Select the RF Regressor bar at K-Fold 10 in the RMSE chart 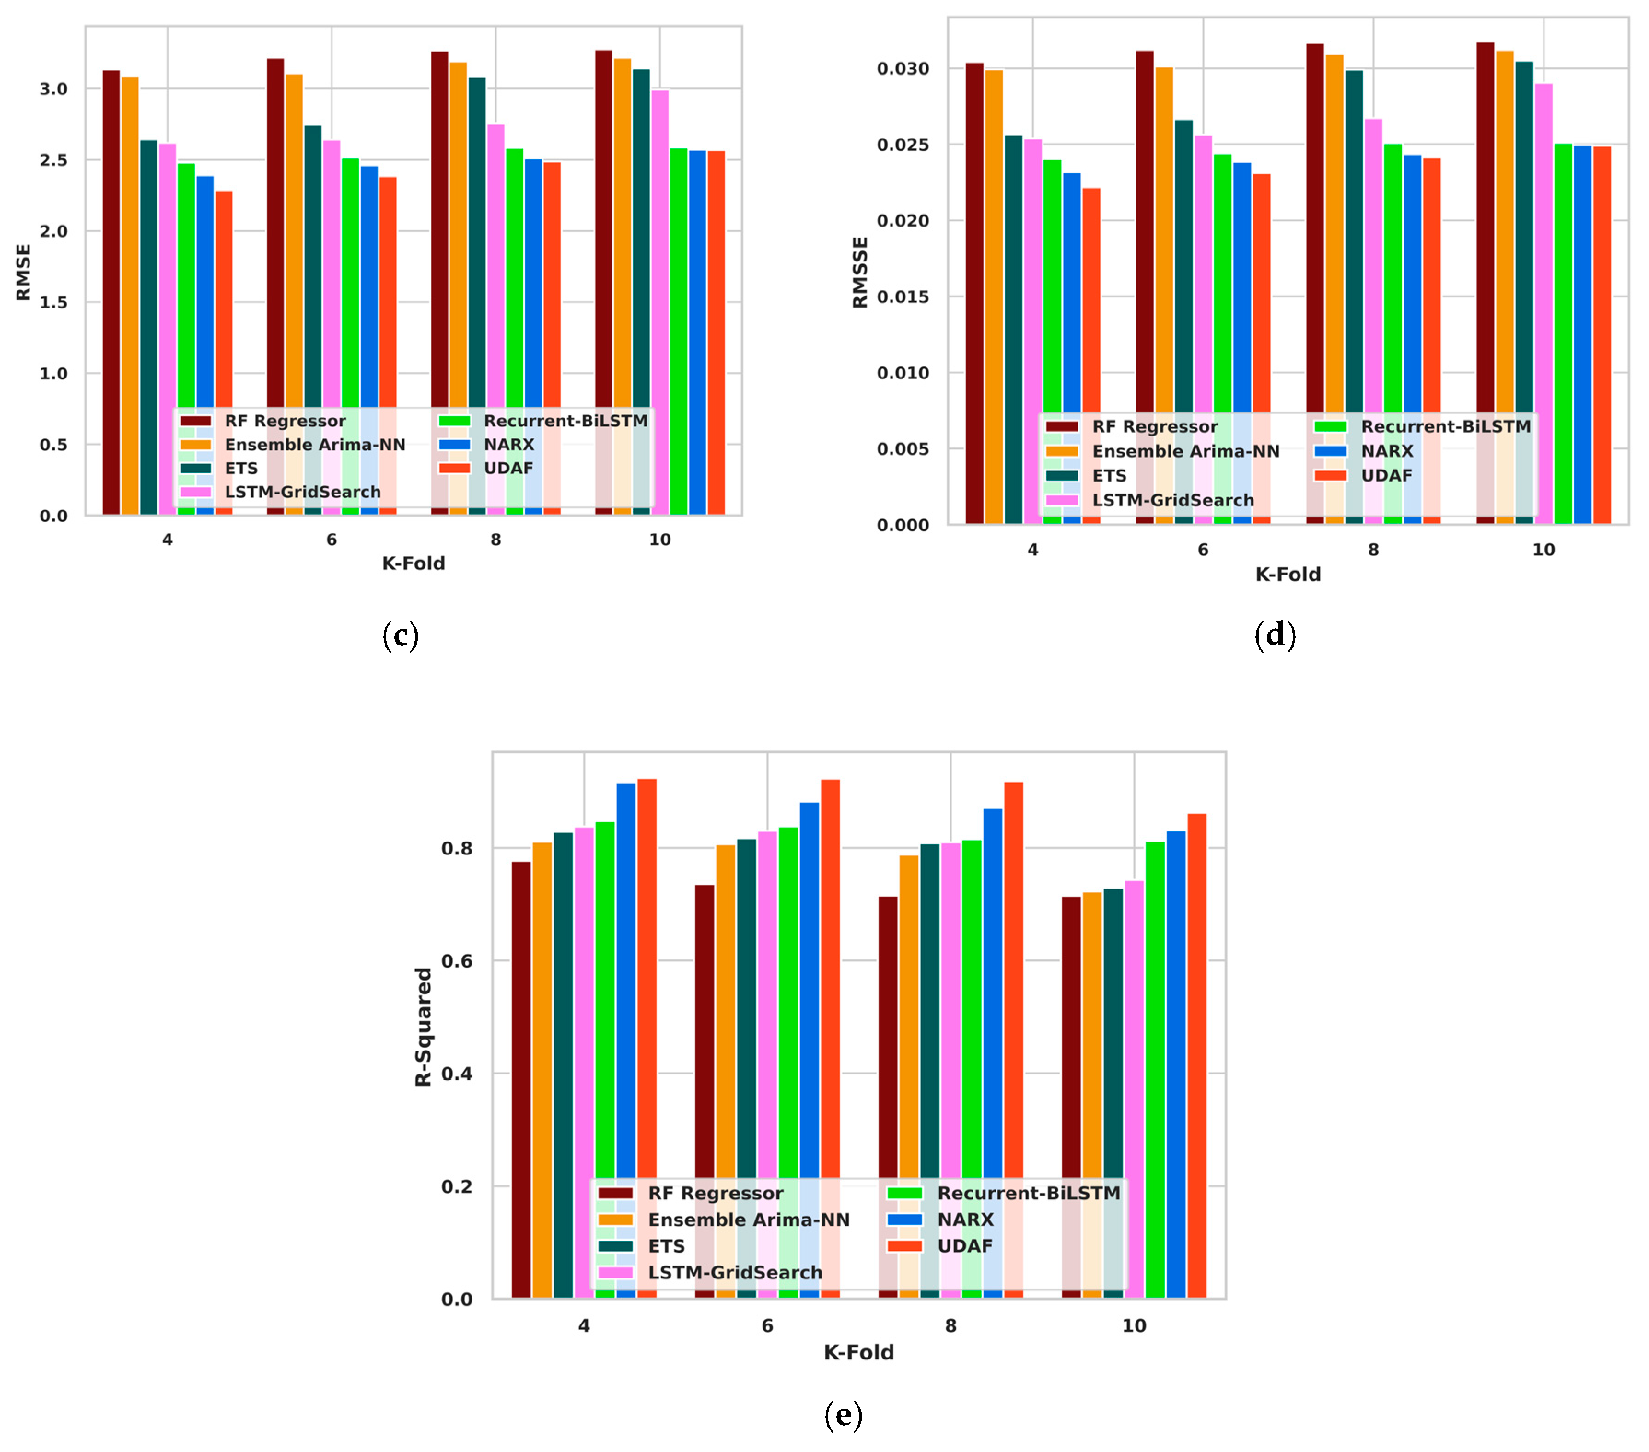pos(603,242)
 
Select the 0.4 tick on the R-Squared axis pos(457,1074)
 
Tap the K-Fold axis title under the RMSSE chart pos(1288,575)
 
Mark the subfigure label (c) pos(400,636)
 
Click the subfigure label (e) pos(843,1415)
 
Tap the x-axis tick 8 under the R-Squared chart pos(950,1326)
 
